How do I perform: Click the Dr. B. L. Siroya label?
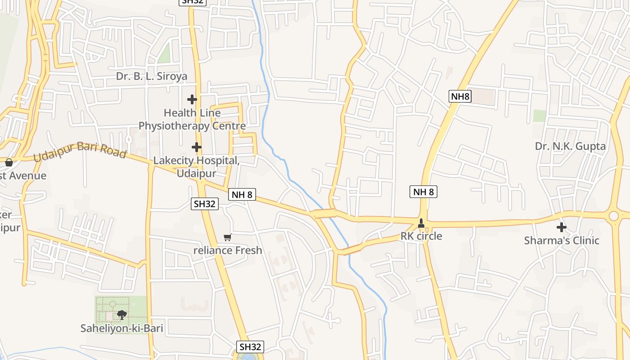click(x=151, y=76)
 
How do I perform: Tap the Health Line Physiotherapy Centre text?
click(x=192, y=119)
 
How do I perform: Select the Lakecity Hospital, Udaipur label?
click(x=196, y=166)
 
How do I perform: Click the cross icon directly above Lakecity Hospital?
click(x=196, y=147)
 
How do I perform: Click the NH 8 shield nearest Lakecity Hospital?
click(x=242, y=194)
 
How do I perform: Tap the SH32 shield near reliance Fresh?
click(x=205, y=204)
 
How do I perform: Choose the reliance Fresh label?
click(x=227, y=250)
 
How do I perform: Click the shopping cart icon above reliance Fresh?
click(x=227, y=237)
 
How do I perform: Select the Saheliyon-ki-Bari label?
click(x=121, y=328)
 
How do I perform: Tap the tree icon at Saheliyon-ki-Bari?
click(x=121, y=315)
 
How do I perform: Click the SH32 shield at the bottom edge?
click(x=250, y=347)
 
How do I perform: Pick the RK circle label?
click(x=421, y=236)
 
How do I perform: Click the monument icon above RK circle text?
click(x=421, y=222)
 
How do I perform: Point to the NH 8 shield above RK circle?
click(x=423, y=192)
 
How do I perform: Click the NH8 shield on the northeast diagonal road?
click(x=460, y=96)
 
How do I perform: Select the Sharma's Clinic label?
click(x=562, y=240)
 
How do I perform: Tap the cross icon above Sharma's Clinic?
click(x=562, y=227)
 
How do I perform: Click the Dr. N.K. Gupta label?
click(x=570, y=146)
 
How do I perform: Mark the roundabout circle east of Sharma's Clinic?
click(x=613, y=216)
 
